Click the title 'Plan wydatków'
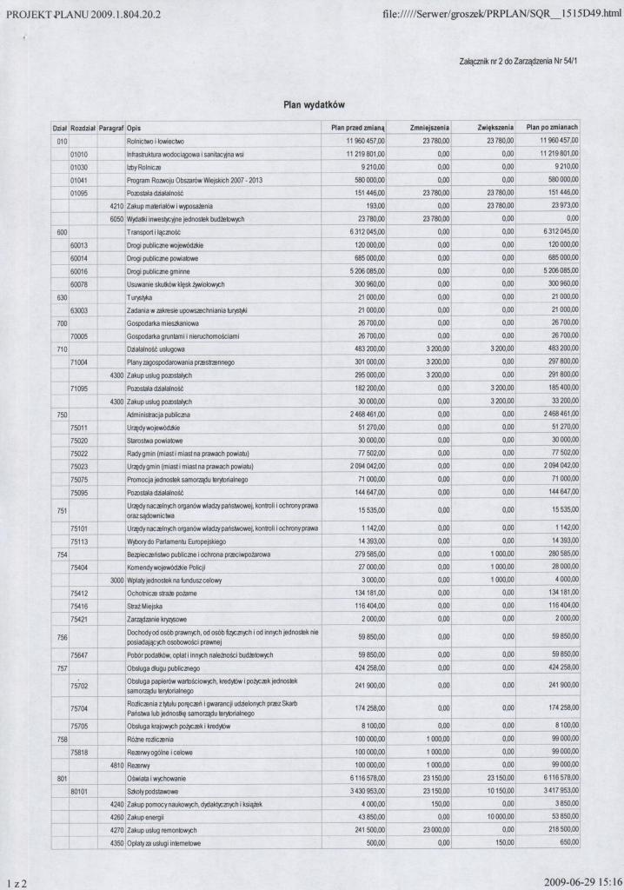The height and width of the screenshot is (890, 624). pos(314,104)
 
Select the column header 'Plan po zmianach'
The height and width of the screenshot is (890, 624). pos(552,127)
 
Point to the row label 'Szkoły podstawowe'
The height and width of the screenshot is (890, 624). pos(154,791)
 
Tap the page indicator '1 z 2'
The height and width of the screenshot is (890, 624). pos(15,881)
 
